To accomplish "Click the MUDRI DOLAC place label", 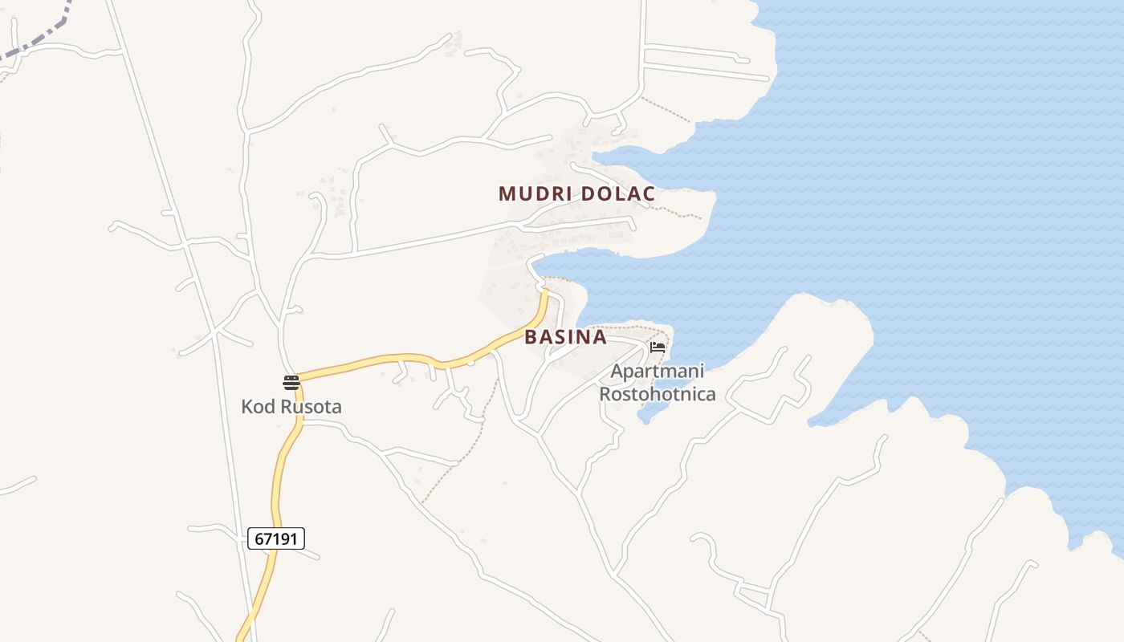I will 576,193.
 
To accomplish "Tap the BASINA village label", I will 565,337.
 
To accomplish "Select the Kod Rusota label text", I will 291,406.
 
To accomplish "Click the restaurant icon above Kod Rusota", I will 291,382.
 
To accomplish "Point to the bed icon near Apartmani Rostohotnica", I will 658,347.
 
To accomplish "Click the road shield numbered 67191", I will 276,538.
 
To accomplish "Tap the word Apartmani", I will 657,372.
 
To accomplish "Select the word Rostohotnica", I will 657,394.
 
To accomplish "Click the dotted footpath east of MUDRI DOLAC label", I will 678,213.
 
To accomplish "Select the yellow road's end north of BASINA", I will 544,295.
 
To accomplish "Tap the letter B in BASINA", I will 531,337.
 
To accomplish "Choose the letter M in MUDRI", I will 507,193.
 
